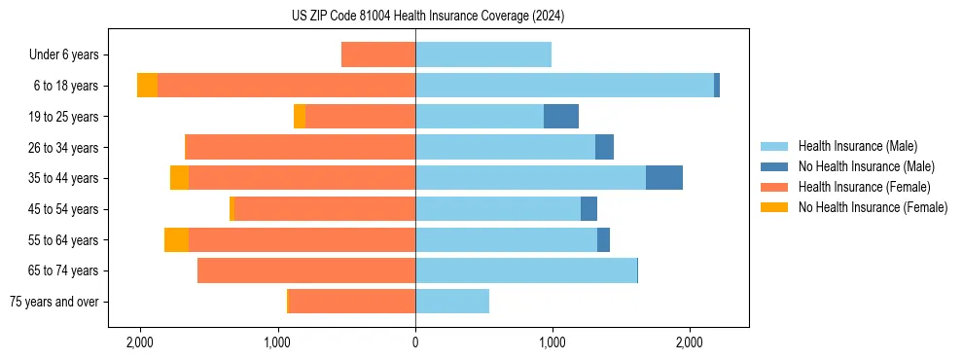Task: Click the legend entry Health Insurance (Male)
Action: [857, 146]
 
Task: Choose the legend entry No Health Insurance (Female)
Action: [873, 206]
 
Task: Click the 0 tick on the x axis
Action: [415, 342]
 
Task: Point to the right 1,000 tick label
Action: [553, 342]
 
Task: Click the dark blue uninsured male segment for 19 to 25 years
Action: [561, 117]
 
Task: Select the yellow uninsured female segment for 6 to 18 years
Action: [147, 86]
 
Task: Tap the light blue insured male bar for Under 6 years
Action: [483, 54]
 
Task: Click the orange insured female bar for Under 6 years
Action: [378, 54]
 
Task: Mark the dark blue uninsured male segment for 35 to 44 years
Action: [664, 178]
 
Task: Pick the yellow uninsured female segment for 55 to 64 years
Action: [176, 239]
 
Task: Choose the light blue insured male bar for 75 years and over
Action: [452, 302]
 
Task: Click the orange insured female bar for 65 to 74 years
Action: [306, 270]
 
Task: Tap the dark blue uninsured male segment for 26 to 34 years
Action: [604, 147]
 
